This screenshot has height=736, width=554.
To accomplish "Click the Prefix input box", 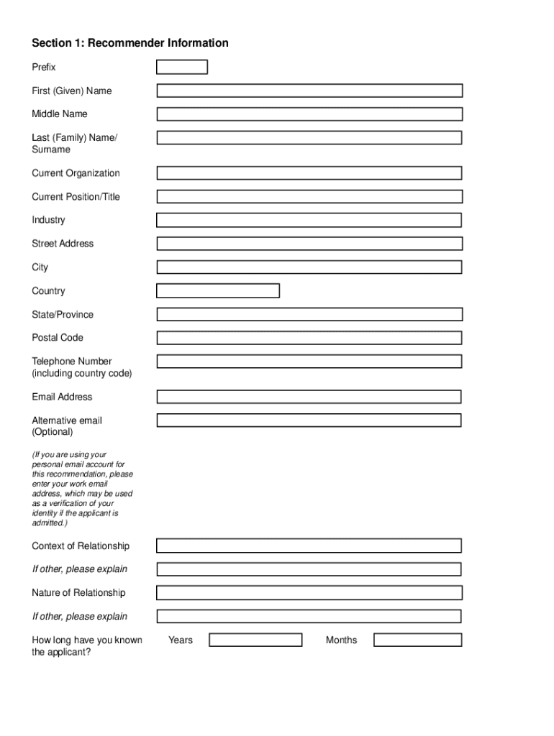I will coord(182,68).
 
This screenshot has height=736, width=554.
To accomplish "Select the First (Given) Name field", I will coord(309,91).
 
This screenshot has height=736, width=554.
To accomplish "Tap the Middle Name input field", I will coord(309,114).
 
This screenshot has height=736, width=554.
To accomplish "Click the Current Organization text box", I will coord(309,173).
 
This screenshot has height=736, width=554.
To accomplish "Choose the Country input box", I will coord(218,291).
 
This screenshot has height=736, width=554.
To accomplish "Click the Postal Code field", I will coord(309,338).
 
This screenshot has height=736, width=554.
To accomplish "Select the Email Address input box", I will coord(309,397).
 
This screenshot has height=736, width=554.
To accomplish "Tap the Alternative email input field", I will coord(309,420).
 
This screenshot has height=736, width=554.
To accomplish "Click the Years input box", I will coord(255,640).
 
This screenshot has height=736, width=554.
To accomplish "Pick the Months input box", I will coord(418,640).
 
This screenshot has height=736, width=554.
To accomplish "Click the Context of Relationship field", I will coord(309,546).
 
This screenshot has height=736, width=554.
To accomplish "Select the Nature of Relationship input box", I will coord(309,593).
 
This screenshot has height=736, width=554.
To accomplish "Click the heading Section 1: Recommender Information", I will coord(130,43).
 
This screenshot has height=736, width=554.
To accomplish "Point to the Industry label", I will coord(48,220).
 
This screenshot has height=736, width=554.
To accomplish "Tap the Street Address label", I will coord(63,244).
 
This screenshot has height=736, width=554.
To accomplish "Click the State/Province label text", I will coord(63,315).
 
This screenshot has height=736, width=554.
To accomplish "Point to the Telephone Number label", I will coord(72,362).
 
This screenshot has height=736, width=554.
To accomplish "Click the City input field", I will coord(309,267).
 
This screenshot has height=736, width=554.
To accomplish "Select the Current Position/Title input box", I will coord(309,197).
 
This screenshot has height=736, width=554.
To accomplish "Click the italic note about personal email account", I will coord(82,489).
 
